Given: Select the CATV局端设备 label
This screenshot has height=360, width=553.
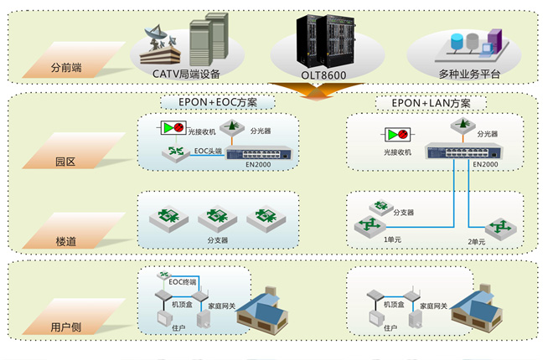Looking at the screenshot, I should click(x=186, y=75).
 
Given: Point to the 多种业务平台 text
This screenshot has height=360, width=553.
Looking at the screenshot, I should click(x=469, y=75).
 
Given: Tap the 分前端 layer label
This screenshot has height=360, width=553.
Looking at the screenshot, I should click(x=67, y=65).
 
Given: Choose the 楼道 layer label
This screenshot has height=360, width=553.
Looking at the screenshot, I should click(x=65, y=241).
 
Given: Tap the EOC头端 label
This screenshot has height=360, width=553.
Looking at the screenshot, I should click(x=209, y=151).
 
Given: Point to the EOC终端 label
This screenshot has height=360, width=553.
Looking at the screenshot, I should click(x=182, y=281).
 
